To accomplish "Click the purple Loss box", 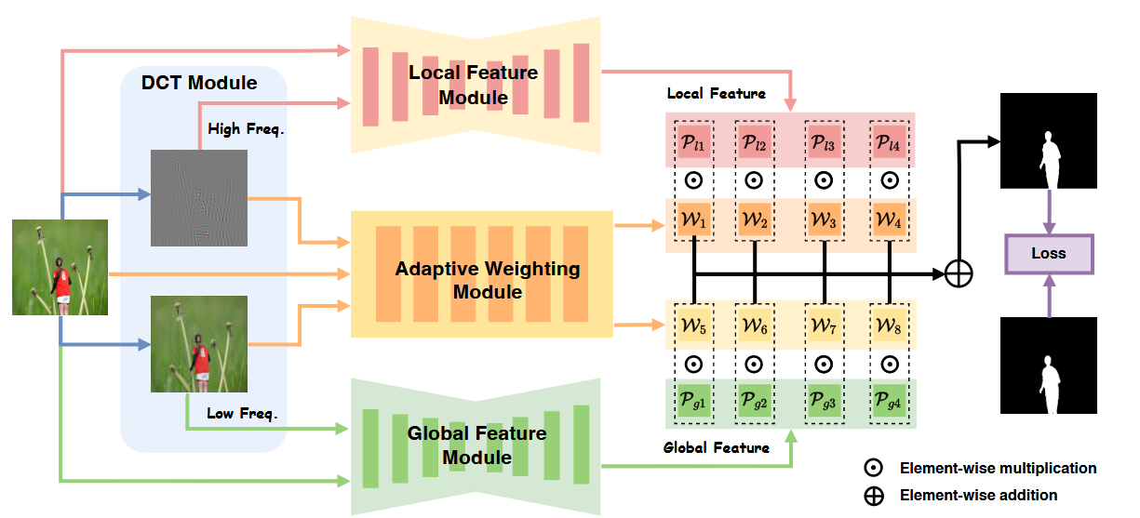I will pos(1048,253).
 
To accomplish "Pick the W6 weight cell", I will pos(756,325).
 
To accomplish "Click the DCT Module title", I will pos(199,83).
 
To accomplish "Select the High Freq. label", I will pos(246,129).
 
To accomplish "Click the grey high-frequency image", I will pos(199,198).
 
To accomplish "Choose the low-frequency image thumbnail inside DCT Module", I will pos(199,344).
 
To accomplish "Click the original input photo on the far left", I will pos(60,267).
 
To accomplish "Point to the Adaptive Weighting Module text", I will pos(488,281).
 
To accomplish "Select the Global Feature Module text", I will pos(476,445).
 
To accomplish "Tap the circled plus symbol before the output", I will pos(959,273).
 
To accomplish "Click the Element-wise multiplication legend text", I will pos(999,468).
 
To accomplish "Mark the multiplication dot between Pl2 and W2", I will pos(756,180).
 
